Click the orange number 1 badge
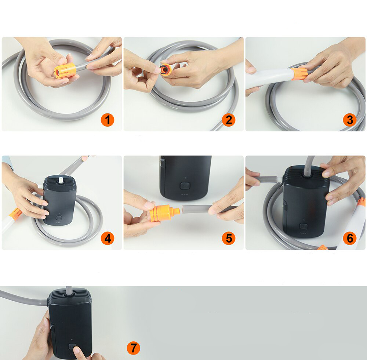(108, 120)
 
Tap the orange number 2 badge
(229, 120)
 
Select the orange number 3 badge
(350, 120)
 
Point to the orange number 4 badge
(108, 238)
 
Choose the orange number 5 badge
(229, 238)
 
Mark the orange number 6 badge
(350, 238)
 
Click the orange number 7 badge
(134, 348)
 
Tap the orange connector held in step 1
(65, 70)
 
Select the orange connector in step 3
(299, 73)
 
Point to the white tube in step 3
(269, 79)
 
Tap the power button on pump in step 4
(58, 218)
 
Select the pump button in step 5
(185, 186)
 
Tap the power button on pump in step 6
(304, 226)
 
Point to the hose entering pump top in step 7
(69, 291)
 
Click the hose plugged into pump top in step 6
(309, 166)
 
